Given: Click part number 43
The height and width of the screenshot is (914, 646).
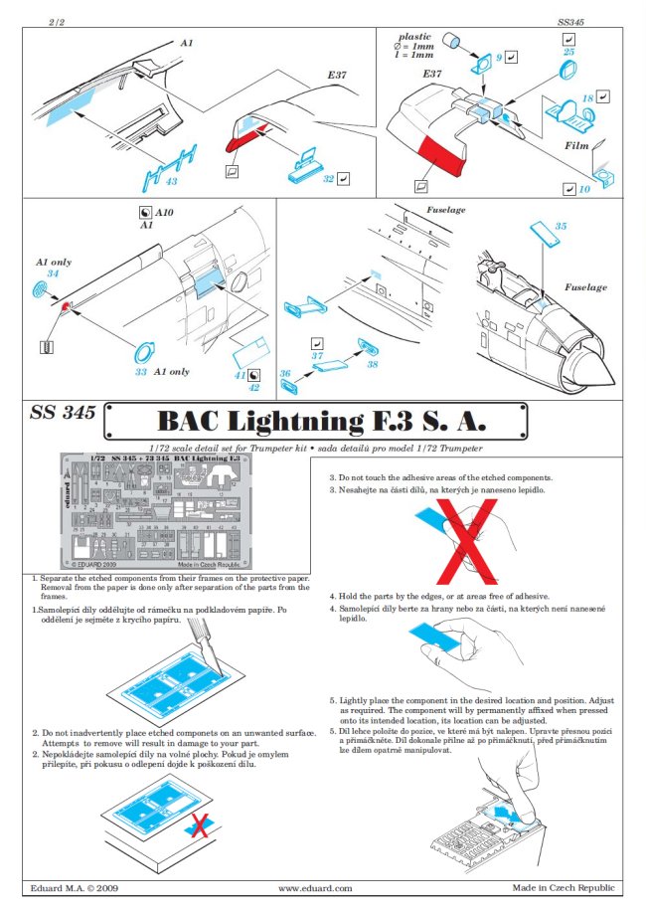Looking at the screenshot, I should click(172, 181).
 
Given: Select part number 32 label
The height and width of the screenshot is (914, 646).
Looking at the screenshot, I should click(327, 179).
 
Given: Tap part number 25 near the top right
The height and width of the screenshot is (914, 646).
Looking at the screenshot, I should click(568, 51).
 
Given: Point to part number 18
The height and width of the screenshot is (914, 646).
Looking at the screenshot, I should click(587, 97).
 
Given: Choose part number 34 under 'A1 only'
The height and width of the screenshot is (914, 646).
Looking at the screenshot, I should click(53, 274).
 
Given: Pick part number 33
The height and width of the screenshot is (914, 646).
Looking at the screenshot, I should click(141, 371).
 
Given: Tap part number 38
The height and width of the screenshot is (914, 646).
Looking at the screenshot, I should click(372, 365).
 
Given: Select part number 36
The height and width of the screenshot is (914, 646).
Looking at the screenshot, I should click(285, 374).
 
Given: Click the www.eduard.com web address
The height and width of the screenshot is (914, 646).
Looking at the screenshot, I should click(315, 887).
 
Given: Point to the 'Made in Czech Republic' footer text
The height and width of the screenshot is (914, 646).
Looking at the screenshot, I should click(564, 887).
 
